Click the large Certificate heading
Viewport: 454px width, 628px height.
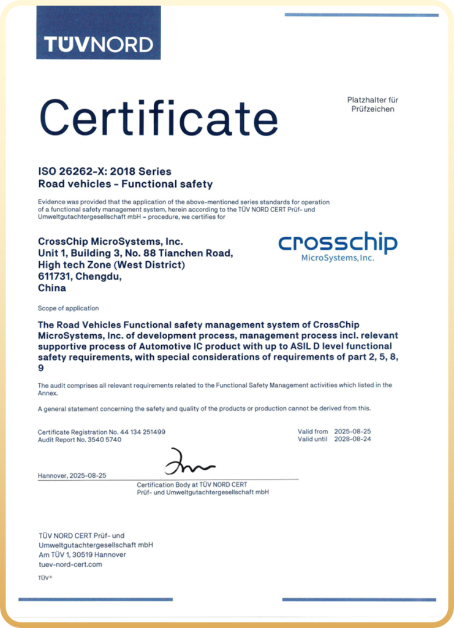pos(159,118)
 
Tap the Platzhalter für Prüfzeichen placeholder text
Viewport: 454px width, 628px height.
pos(373,104)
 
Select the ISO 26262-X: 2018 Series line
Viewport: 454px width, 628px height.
pos(105,171)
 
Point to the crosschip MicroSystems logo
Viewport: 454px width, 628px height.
pos(338,246)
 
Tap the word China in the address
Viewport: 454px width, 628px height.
pos(52,288)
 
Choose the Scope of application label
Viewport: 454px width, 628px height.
pos(68,308)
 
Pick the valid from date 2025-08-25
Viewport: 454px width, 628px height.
pos(353,432)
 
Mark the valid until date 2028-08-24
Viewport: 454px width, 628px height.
pos(353,439)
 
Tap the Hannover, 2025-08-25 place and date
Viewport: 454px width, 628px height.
pos(72,475)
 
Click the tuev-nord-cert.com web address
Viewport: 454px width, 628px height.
pos(70,564)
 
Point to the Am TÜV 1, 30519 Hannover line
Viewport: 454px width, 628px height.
pos(82,554)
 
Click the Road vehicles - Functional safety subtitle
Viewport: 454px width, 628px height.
pos(125,183)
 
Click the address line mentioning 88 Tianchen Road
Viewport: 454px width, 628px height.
pos(135,253)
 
